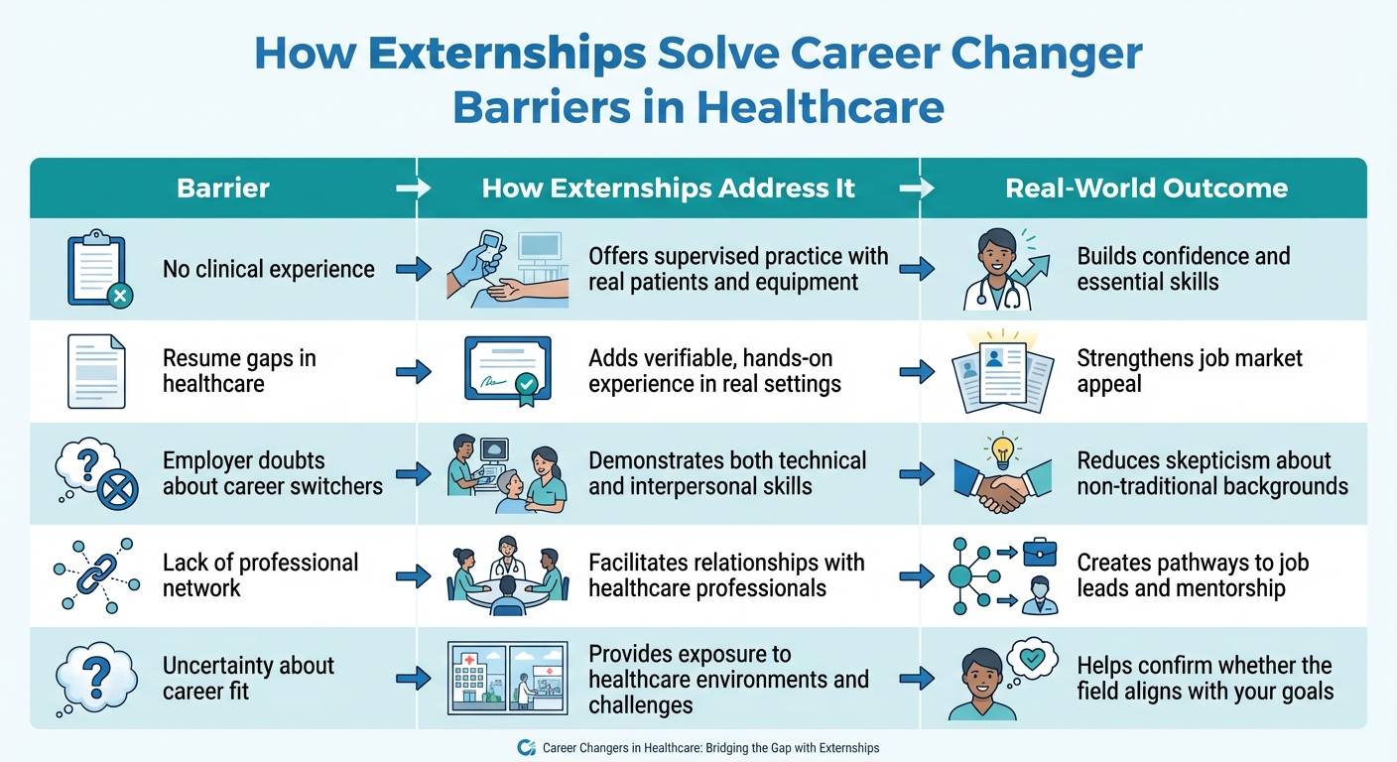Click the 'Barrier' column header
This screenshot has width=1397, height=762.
[223, 188]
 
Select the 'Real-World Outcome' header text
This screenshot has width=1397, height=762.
[1146, 188]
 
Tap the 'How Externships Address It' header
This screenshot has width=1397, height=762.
[668, 188]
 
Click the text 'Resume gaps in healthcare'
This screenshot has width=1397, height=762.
[239, 371]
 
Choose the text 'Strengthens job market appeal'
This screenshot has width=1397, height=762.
[1190, 371]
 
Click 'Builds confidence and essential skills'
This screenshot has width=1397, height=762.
[1184, 269]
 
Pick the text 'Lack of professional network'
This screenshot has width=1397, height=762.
[260, 575]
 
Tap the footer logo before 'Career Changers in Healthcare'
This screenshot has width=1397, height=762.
[527, 748]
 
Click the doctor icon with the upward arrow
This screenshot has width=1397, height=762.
[998, 270]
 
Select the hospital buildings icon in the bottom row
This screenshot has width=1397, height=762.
[507, 679]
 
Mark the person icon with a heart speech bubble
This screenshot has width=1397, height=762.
[993, 679]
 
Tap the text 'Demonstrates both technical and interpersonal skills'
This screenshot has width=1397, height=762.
[727, 473]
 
